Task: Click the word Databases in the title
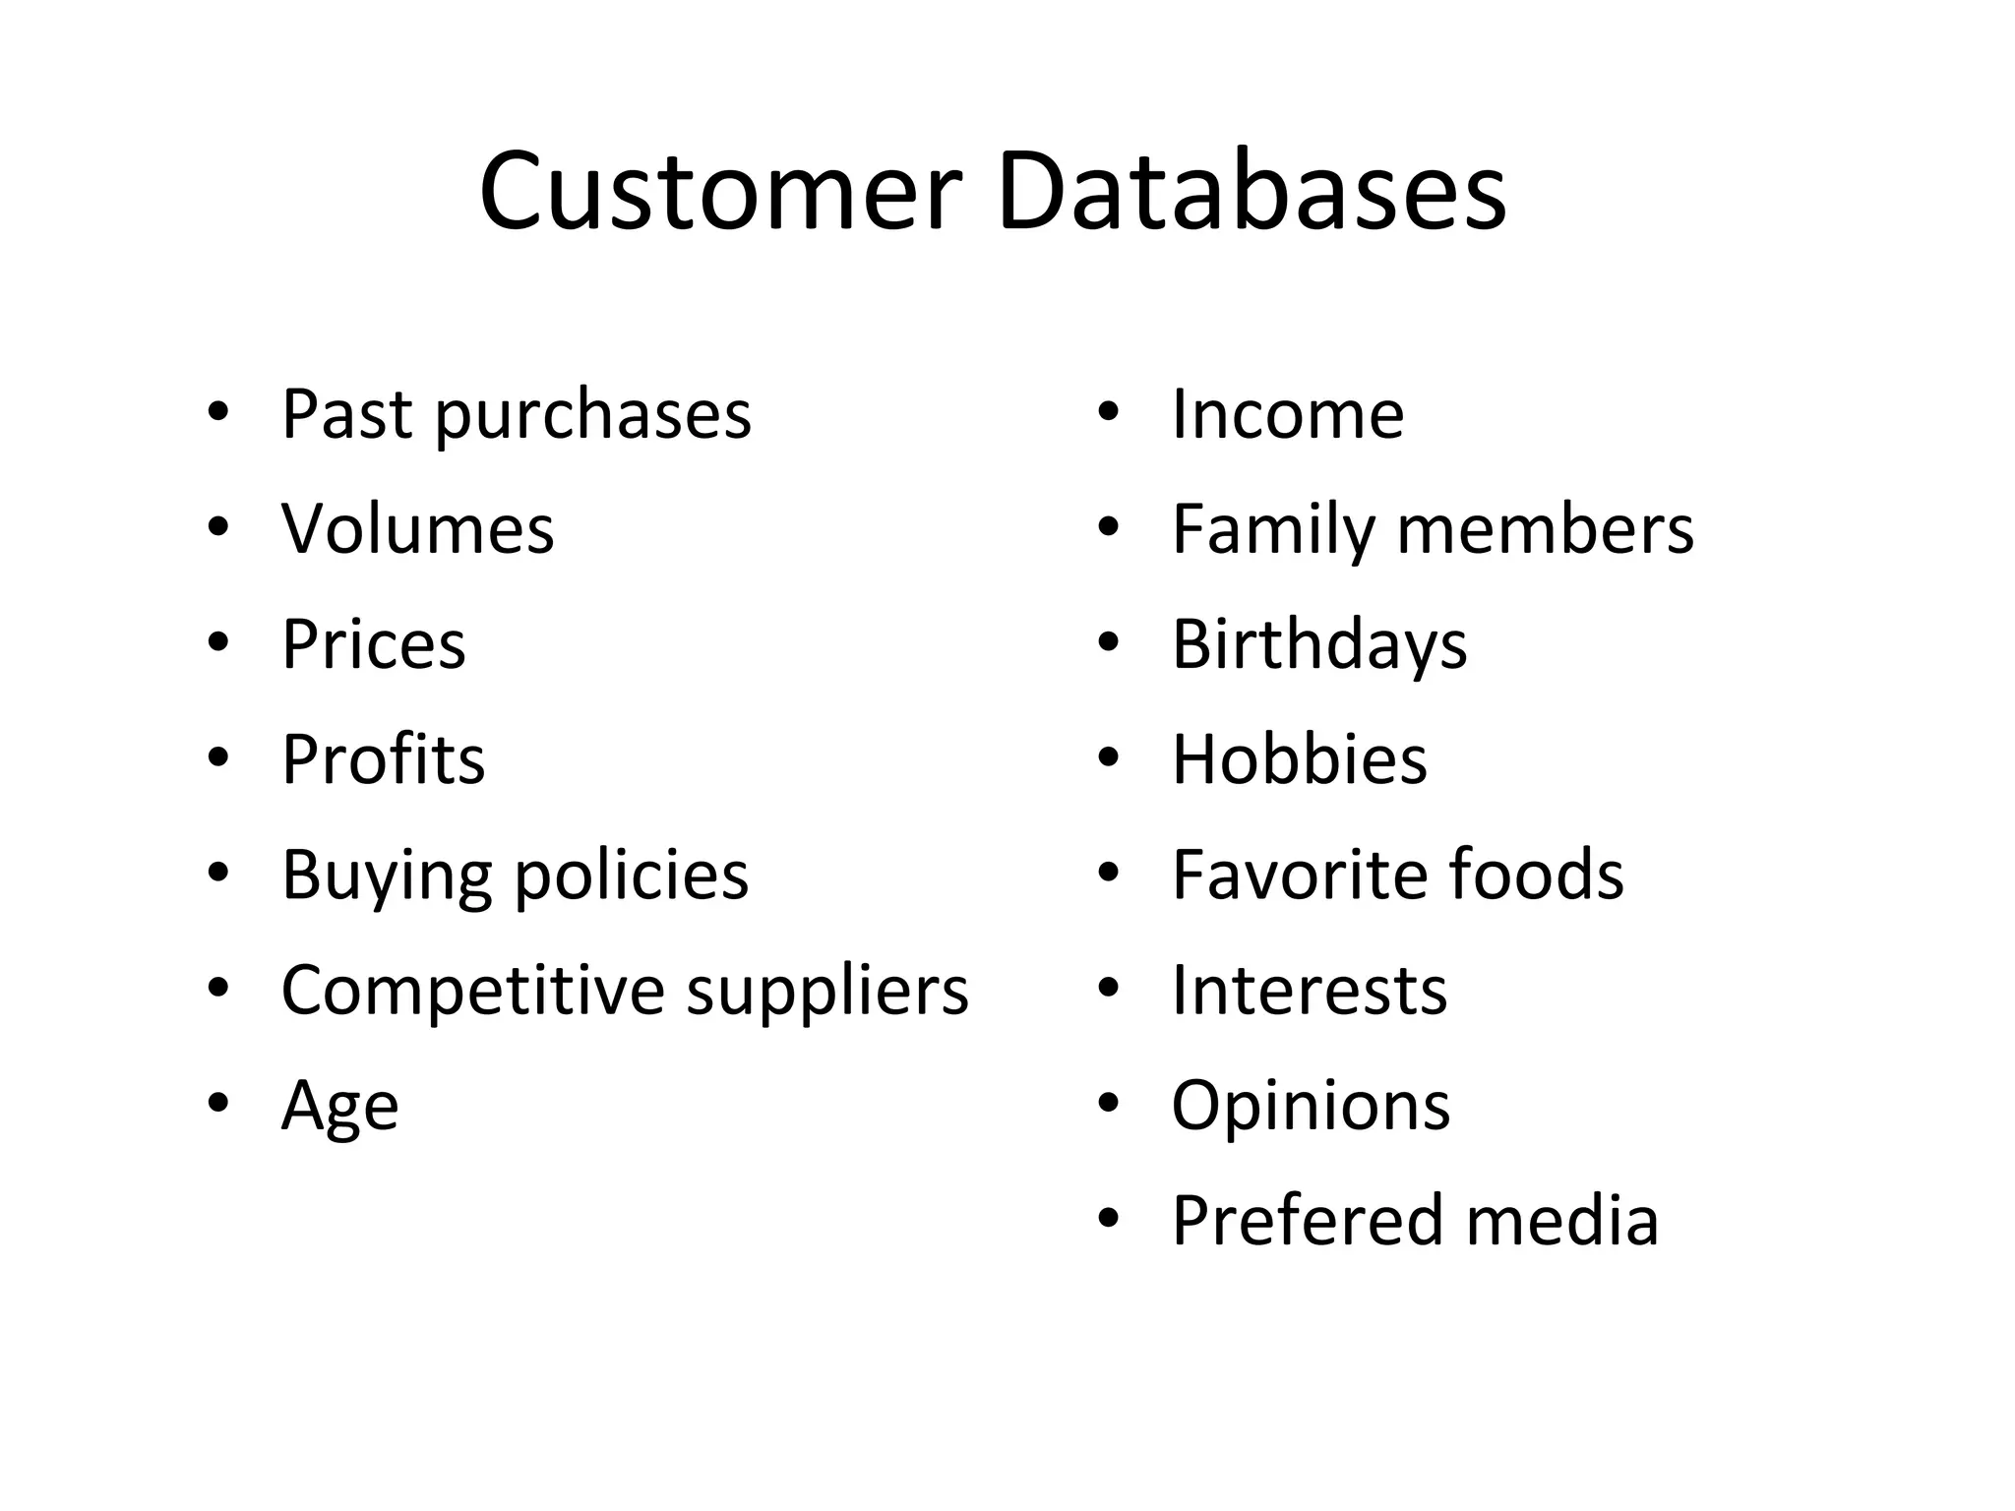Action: click(1252, 191)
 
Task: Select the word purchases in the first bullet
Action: click(593, 415)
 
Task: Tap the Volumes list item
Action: click(418, 529)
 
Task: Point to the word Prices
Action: click(374, 645)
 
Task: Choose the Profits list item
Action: click(384, 759)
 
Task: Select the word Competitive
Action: click(473, 990)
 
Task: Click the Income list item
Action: click(1288, 414)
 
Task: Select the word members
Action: click(1546, 529)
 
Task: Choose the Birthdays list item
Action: click(1319, 645)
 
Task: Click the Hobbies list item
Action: click(1299, 759)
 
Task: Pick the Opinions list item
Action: click(1311, 1107)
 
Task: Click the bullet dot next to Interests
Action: click(1109, 989)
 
